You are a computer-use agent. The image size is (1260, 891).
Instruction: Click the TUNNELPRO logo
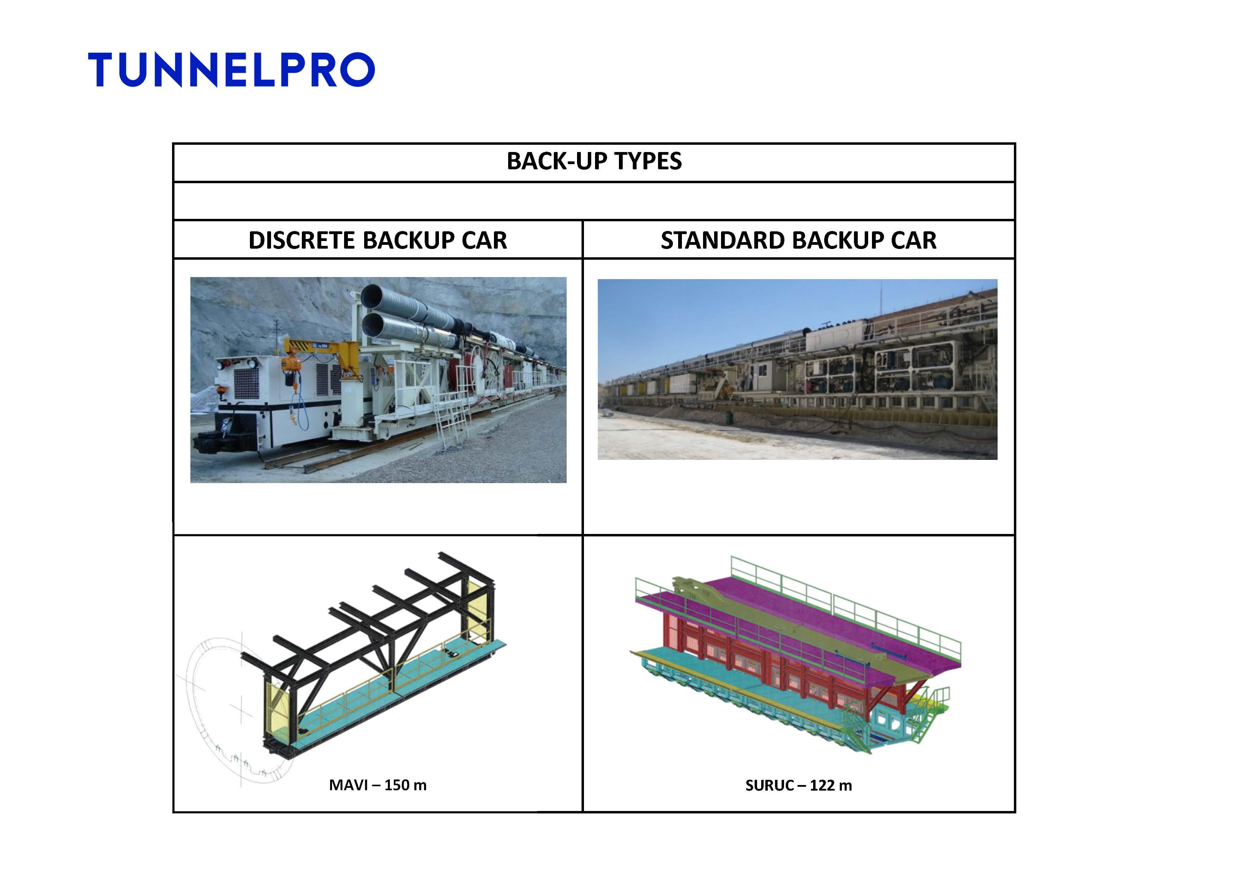[x=231, y=70]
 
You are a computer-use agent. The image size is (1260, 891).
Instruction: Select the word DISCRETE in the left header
[x=303, y=240]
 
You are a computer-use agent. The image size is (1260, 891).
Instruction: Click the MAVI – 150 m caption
[x=378, y=785]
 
